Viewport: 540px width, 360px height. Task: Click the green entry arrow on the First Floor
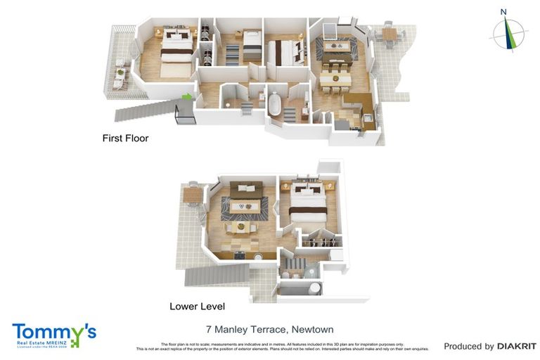186,98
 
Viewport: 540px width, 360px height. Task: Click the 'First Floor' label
125,139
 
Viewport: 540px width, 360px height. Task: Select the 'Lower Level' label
197,307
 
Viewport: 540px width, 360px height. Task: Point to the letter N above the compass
503,11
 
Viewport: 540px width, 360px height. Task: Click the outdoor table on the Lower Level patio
193,193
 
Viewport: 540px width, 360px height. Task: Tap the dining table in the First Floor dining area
335,78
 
